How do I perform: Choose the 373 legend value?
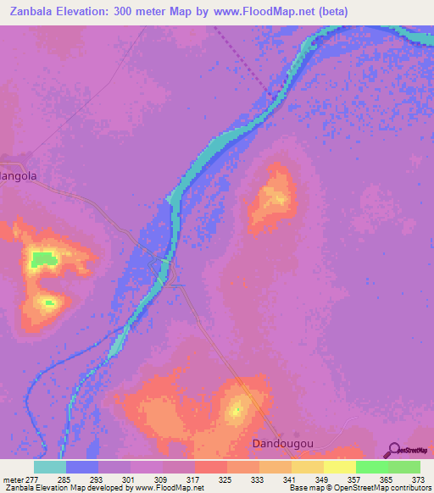pos(419,479)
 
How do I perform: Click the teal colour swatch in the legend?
pos(50,467)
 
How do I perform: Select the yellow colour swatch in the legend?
pos(339,467)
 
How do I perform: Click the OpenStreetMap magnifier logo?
pos(394,450)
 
